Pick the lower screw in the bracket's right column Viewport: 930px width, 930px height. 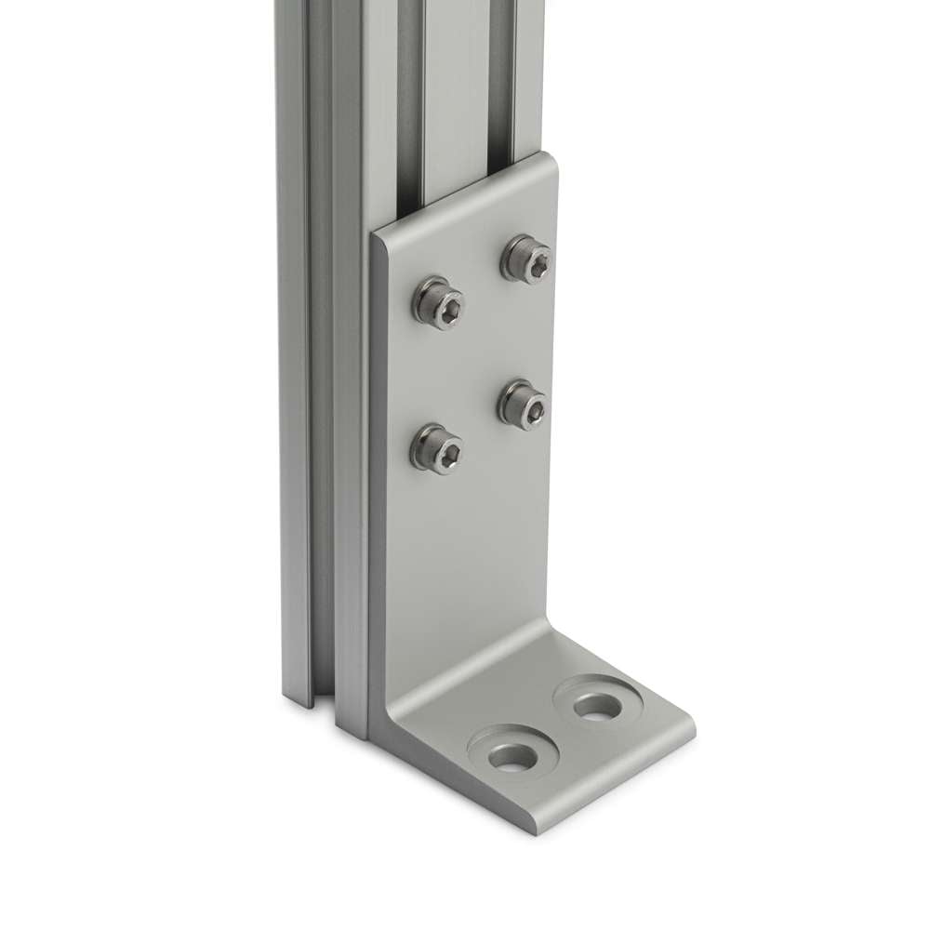[x=523, y=402]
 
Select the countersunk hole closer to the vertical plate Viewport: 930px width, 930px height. [x=593, y=704]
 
